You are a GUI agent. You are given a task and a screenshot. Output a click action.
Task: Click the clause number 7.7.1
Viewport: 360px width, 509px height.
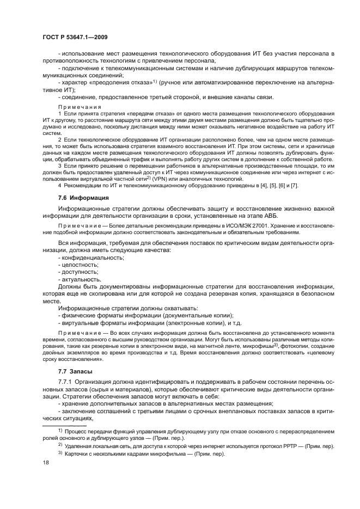66,382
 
